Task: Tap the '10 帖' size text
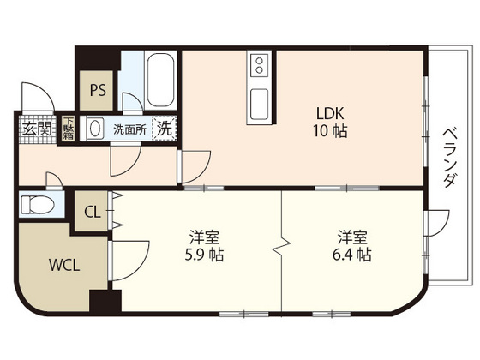[x=330, y=133]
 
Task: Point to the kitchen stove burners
[x=260, y=65]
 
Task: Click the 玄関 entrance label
[x=36, y=129]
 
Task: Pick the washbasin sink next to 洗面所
[x=94, y=129]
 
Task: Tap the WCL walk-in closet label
[x=64, y=265]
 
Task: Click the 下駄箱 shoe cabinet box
[x=68, y=128]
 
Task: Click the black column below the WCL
[x=105, y=303]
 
